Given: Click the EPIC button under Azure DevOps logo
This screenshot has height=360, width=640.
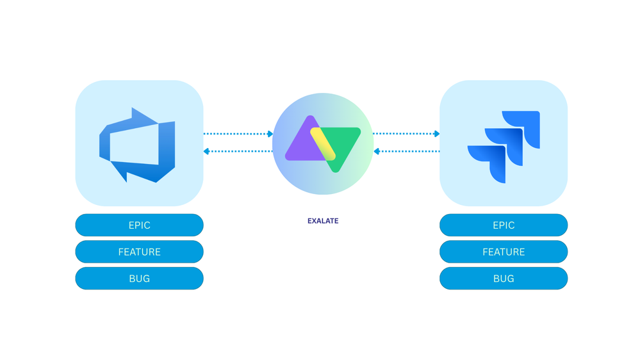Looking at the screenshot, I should click(139, 225).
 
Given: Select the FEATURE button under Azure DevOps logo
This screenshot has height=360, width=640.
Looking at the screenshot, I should click(139, 252).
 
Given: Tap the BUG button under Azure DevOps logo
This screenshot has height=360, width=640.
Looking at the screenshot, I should click(139, 279).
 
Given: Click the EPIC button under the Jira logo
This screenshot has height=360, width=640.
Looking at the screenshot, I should click(504, 225).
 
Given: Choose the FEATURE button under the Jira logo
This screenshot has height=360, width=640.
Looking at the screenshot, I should click(504, 252).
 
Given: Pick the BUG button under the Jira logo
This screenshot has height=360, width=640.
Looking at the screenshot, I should click(504, 279).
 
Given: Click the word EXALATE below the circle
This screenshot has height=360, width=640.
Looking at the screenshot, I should click(323, 221).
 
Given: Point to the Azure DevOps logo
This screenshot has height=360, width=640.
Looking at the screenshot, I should click(138, 145).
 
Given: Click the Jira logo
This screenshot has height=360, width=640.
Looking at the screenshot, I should click(504, 146).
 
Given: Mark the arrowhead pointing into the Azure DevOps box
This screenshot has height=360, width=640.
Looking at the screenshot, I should click(206, 152).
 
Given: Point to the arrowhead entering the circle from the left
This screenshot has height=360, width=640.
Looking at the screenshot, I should click(270, 134).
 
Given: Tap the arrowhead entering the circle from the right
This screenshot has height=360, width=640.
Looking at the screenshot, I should click(377, 152).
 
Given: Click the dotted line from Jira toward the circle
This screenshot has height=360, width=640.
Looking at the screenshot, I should click(410, 152).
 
